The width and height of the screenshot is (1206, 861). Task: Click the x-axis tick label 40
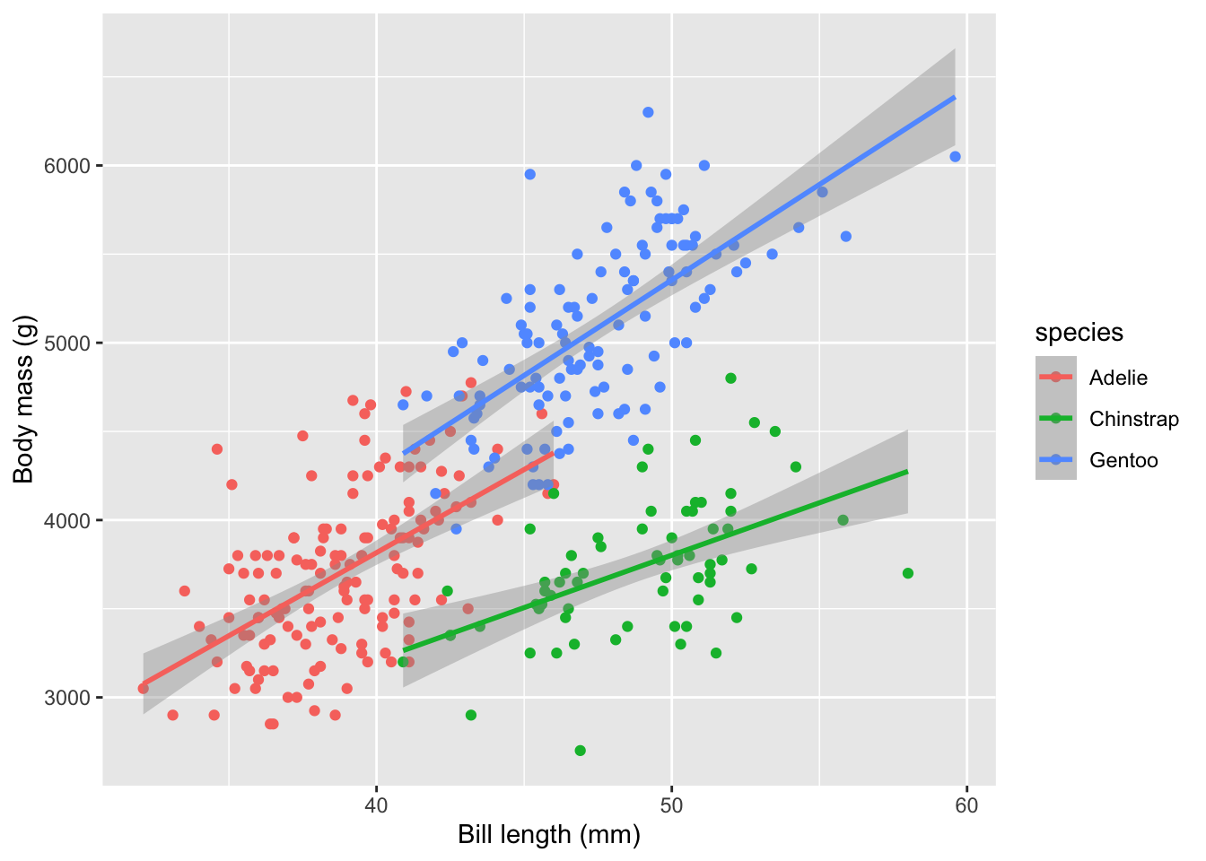(x=376, y=804)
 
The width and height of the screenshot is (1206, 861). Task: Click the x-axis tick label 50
(x=671, y=804)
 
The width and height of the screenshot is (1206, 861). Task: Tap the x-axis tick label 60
(x=966, y=804)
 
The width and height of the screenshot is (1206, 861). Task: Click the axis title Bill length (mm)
(x=549, y=835)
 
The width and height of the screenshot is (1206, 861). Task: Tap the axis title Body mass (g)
(x=23, y=398)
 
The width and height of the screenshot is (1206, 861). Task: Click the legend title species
(x=1079, y=333)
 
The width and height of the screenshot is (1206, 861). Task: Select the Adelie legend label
(x=1118, y=378)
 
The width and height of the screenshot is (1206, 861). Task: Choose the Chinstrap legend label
(x=1133, y=419)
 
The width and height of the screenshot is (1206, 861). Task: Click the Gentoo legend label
(x=1123, y=460)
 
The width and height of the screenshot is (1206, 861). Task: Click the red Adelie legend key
(x=1056, y=378)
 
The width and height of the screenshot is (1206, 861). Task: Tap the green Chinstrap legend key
(x=1056, y=419)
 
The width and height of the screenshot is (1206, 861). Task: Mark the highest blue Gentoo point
(x=648, y=112)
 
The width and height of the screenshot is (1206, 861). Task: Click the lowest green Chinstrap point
(x=580, y=751)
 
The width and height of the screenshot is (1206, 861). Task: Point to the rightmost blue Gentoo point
(x=955, y=157)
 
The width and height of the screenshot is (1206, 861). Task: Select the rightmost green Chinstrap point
(x=907, y=573)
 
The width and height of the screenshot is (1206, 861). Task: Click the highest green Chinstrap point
(x=730, y=378)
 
